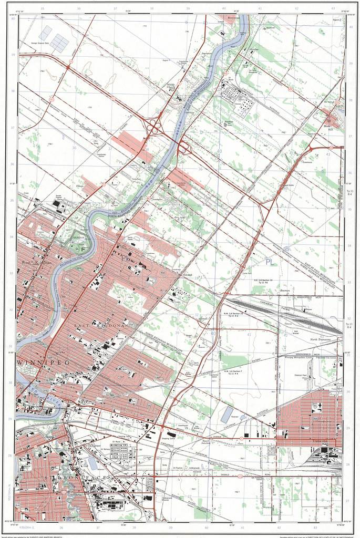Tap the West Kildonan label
pos(36,262)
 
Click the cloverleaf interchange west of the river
pos(156,126)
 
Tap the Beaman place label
pos(285,289)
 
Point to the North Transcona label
pos(319,340)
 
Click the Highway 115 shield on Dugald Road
pos(240,477)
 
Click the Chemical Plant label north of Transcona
pos(300,376)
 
